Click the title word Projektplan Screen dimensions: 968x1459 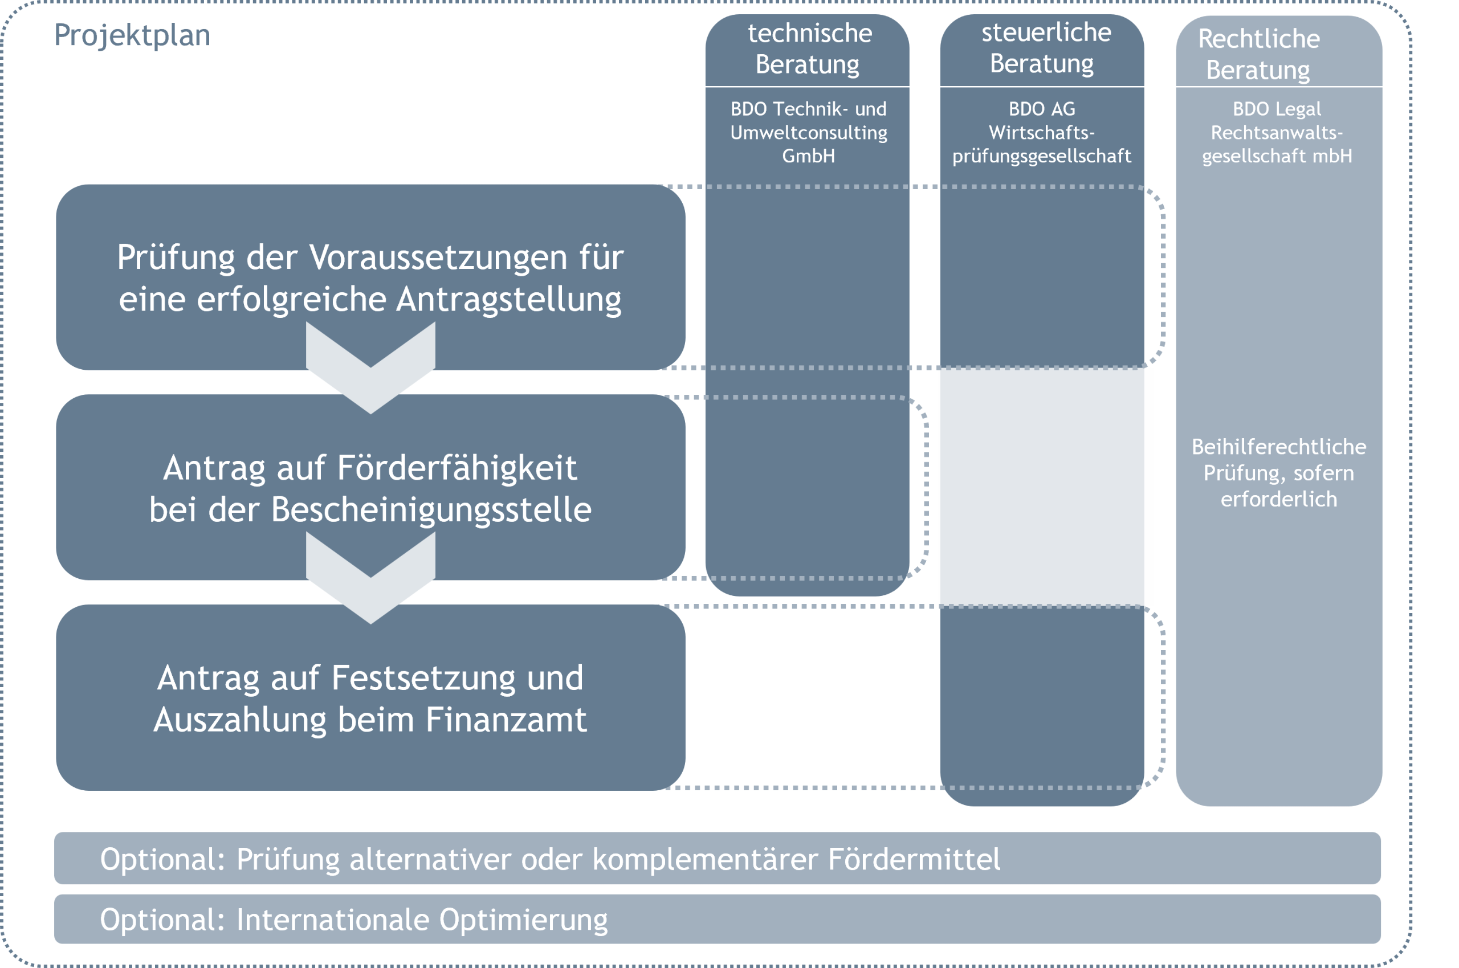132,35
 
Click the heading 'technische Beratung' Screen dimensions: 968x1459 808,49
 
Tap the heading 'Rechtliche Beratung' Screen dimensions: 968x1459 1258,54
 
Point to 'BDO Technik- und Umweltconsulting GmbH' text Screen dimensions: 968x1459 808,132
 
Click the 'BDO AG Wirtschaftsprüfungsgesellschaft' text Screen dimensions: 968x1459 1042,132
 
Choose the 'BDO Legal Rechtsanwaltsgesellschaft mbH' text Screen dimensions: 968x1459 1277,132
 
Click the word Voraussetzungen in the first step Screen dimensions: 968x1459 437,257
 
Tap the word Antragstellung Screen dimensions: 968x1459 508,300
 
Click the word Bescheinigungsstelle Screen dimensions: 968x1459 431,509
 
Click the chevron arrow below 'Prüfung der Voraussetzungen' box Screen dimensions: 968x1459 370,367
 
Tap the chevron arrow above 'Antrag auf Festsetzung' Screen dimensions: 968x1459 370,578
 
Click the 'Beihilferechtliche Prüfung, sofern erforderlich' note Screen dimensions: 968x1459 1279,473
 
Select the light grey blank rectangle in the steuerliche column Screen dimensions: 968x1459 1045,487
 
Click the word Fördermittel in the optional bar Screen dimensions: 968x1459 914,859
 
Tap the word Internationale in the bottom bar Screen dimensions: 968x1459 333,919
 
